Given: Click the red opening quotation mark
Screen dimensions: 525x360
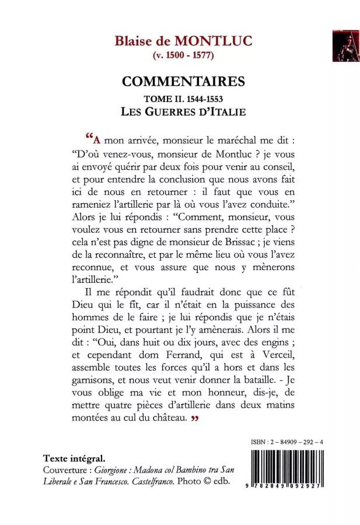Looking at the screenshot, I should [x=89, y=138].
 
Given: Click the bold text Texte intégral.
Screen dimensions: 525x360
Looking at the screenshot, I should [x=74, y=458].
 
